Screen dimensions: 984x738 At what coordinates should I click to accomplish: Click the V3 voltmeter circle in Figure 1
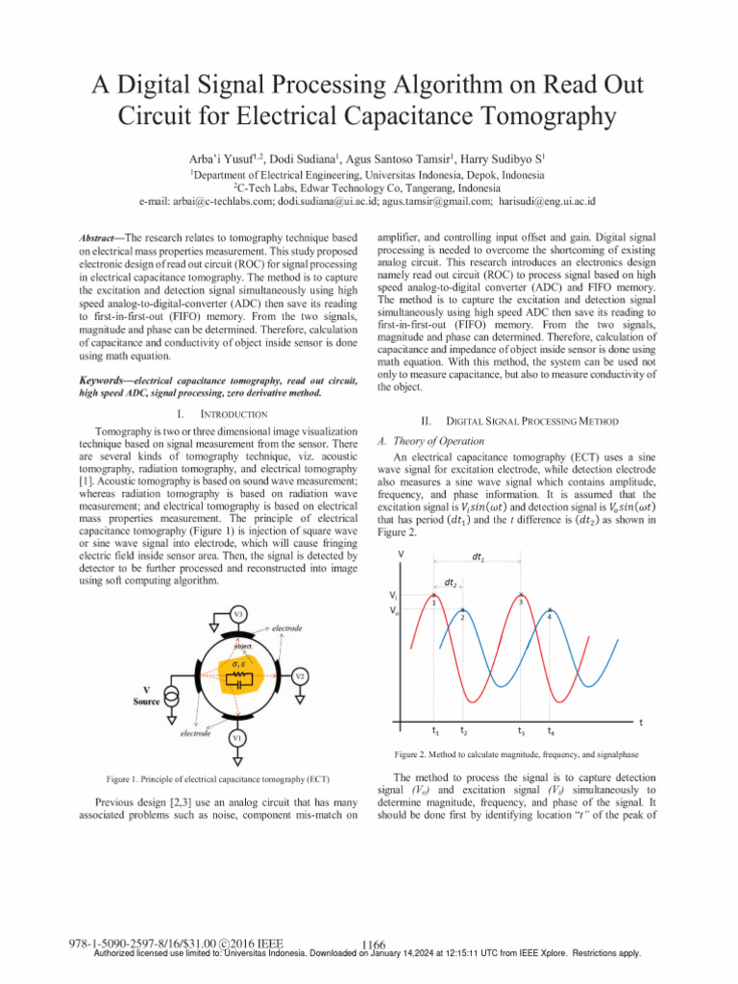237,613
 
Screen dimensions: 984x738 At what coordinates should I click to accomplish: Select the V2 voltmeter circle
301,676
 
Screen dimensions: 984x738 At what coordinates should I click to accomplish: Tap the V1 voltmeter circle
236,737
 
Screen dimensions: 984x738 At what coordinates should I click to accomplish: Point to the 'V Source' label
146,695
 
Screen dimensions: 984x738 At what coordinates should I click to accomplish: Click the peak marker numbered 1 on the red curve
434,596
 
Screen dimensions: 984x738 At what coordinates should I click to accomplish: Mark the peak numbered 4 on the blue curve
550,610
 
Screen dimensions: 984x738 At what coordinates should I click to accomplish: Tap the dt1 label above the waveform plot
477,556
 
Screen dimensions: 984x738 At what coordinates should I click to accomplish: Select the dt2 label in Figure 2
449,580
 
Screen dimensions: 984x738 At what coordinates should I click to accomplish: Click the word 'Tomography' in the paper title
532,116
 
